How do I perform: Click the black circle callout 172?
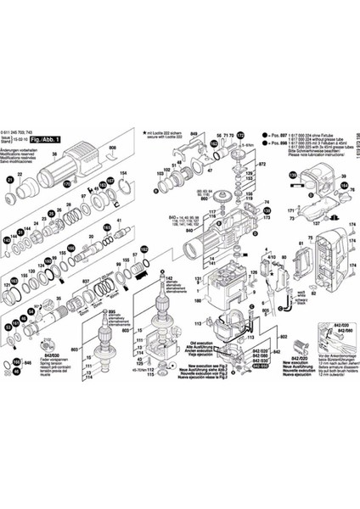coord(239,136)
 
